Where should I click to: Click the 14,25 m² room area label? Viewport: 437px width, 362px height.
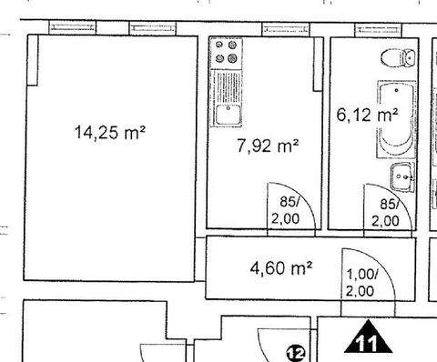click(x=111, y=133)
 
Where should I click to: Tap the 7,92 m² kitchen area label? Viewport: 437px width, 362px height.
click(x=268, y=145)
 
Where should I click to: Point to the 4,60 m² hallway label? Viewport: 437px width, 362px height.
click(x=281, y=268)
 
